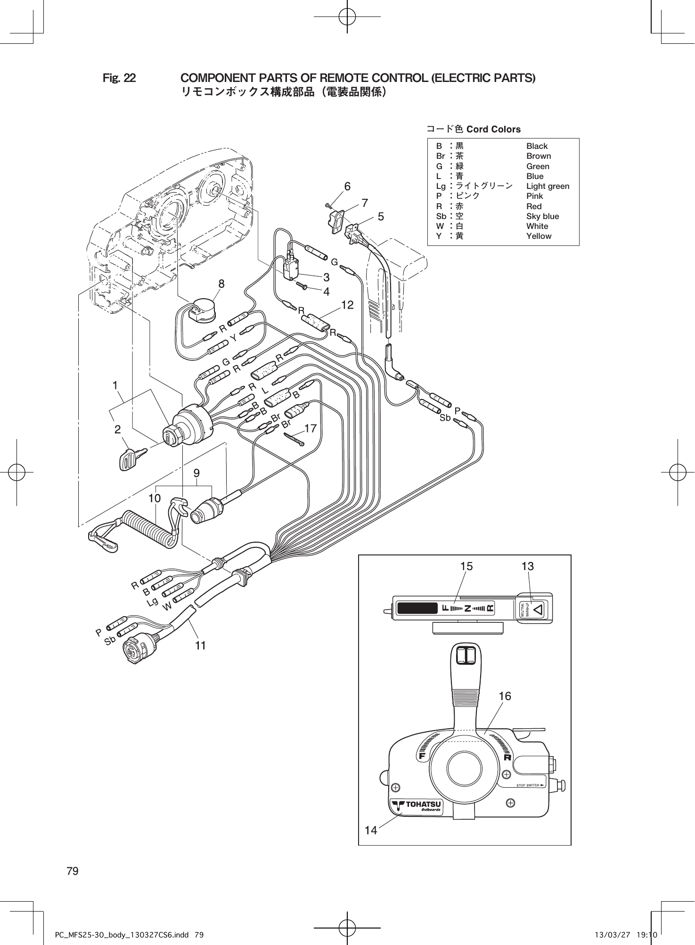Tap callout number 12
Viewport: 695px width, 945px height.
click(347, 305)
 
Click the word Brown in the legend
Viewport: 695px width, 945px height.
click(538, 156)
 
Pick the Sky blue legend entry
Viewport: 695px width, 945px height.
click(542, 216)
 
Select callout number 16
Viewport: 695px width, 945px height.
click(505, 696)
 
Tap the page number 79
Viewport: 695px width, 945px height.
click(73, 871)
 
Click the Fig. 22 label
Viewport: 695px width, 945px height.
click(119, 78)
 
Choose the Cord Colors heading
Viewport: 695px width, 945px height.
click(493, 129)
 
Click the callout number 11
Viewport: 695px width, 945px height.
click(201, 645)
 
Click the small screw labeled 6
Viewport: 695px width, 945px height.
click(328, 205)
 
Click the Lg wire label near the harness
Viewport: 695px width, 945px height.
click(152, 602)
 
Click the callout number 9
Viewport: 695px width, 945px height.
click(196, 472)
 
